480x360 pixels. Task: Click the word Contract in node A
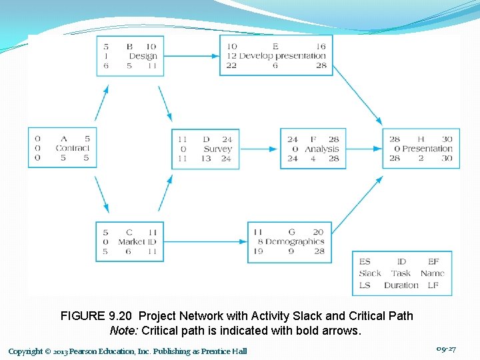click(72, 148)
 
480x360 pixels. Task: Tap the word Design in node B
click(143, 56)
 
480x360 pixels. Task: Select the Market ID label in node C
click(137, 241)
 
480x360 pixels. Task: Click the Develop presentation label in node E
click(283, 56)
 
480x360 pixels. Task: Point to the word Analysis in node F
click(322, 149)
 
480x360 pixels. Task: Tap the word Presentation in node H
click(427, 149)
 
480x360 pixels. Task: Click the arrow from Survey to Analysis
click(259, 149)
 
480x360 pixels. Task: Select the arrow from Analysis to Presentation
click(368, 149)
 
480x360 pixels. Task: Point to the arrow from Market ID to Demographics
click(205, 241)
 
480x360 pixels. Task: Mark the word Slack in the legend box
click(370, 273)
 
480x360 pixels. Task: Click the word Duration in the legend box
click(401, 285)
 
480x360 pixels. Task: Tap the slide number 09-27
click(445, 349)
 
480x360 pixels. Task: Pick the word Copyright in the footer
click(25, 351)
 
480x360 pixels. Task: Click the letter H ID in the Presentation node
click(421, 139)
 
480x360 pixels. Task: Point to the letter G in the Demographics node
click(291, 232)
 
